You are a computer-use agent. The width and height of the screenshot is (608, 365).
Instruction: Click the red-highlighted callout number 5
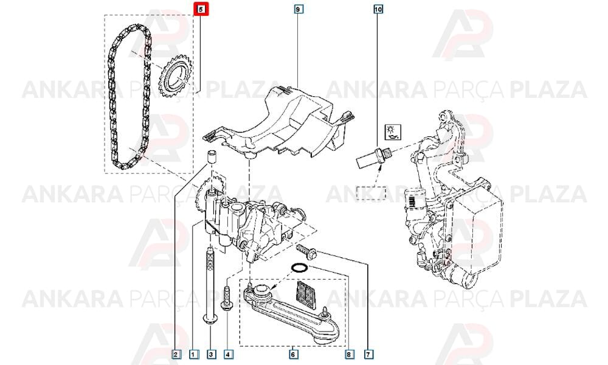tap(201, 9)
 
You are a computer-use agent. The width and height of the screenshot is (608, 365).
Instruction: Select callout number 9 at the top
tap(298, 9)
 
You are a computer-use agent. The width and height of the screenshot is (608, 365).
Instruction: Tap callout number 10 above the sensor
tap(378, 9)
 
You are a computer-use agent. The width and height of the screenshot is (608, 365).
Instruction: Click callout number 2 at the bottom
tap(176, 354)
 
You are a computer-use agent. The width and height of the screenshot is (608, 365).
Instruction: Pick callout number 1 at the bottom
tap(193, 354)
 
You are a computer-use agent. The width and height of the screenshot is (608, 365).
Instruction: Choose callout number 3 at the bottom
tap(211, 354)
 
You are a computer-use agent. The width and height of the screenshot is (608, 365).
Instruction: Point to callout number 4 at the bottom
tap(229, 354)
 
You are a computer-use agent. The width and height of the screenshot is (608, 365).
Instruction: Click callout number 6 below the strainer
tap(293, 354)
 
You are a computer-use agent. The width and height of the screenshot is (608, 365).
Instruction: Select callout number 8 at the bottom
tap(348, 354)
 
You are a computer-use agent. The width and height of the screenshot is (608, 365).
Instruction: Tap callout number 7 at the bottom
tap(368, 354)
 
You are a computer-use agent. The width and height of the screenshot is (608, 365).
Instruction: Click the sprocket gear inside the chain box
tap(174, 78)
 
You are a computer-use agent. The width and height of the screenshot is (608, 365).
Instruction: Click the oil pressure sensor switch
tap(375, 156)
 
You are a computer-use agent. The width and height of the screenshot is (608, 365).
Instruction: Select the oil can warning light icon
tap(393, 132)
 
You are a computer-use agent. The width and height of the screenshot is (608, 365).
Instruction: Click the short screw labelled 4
tap(226, 298)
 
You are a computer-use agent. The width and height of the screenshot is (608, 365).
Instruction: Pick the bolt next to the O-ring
tap(306, 251)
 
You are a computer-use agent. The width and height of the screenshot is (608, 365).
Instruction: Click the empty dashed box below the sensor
tap(371, 193)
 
